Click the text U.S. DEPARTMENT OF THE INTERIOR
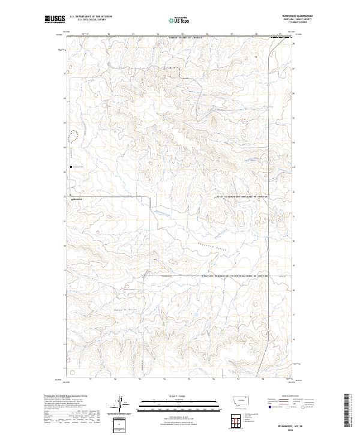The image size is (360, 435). point(91,17)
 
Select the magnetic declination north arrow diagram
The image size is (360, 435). point(119,404)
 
